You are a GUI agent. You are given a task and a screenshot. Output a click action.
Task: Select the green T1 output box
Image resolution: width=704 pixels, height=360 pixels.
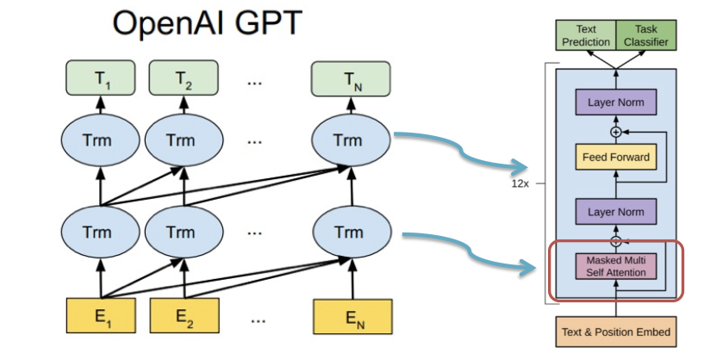[100, 82]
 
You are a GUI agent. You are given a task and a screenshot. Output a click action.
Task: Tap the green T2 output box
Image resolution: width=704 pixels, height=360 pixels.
[180, 82]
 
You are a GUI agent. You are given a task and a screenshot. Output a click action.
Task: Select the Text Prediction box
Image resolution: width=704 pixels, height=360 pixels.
[586, 35]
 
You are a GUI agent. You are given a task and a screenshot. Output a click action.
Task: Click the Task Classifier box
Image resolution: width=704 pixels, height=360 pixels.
[646, 35]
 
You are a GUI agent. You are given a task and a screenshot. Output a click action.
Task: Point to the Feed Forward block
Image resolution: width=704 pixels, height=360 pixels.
[615, 158]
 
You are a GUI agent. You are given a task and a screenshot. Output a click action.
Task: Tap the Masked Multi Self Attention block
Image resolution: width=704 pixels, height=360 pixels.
[615, 266]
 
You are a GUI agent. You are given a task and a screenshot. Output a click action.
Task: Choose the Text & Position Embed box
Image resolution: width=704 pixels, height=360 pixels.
[615, 332]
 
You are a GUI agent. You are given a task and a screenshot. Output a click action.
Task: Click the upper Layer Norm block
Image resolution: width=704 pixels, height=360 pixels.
[615, 103]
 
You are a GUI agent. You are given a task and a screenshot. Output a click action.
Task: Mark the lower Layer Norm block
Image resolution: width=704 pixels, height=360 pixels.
[615, 211]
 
